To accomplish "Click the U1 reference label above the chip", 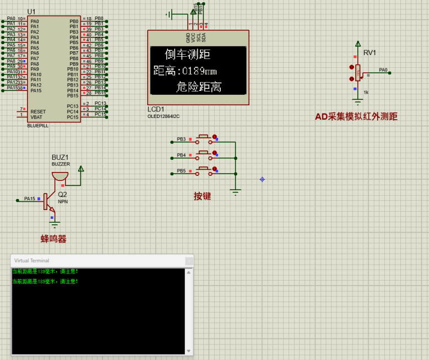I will pos(31,12).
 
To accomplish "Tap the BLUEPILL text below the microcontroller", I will pos(38,126).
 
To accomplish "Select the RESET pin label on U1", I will pos(39,111).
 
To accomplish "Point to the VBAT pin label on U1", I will pos(37,117).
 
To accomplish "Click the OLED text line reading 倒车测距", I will pos(187,55).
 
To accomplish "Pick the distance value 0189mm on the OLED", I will pos(199,71).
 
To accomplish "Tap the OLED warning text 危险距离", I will pos(199,87).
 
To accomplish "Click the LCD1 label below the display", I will pos(156,109).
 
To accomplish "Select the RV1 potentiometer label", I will pos(370,53).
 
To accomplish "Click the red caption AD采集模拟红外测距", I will pos(356,116).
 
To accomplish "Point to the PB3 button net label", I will pos(181,139).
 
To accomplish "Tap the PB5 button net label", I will pos(181,171).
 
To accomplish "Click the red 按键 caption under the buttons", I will pos(202,196).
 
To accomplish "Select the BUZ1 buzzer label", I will pos(60,157).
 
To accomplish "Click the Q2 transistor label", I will pos(62,195).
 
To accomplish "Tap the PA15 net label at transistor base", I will pos(29,198).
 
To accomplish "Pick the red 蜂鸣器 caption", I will pos(53,239).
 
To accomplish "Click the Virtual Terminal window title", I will pos(31,260).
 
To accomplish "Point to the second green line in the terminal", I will pos(45,282).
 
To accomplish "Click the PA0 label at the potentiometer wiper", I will pos(383,70).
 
